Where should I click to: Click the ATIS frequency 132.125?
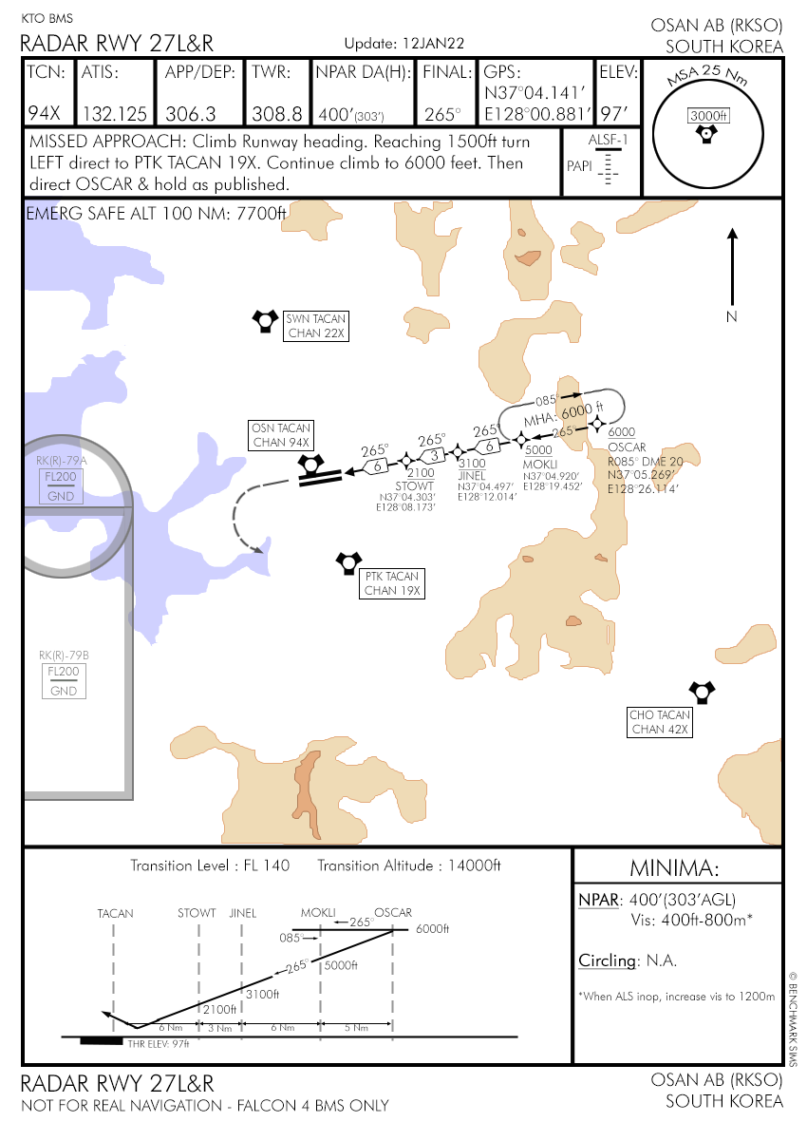click(x=115, y=114)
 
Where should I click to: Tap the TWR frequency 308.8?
click(x=277, y=114)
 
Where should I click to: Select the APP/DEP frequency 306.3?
click(x=191, y=114)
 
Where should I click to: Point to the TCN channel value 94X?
click(x=44, y=114)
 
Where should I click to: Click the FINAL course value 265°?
click(x=441, y=114)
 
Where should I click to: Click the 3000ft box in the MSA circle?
click(x=708, y=116)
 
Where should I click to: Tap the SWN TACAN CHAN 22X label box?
click(x=317, y=326)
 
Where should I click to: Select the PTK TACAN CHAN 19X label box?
click(x=391, y=583)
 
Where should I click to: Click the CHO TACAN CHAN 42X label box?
click(x=660, y=722)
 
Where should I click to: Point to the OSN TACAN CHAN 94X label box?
click(x=281, y=434)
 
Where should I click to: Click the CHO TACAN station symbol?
click(x=702, y=692)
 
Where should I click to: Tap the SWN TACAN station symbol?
click(x=263, y=321)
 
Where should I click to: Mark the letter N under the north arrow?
click(x=731, y=317)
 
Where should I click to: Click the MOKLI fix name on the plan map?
click(x=539, y=463)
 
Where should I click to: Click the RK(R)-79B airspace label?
click(x=64, y=656)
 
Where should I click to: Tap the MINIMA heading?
click(x=676, y=867)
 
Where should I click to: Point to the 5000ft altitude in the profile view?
click(x=342, y=966)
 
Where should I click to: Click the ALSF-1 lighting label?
click(x=608, y=141)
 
